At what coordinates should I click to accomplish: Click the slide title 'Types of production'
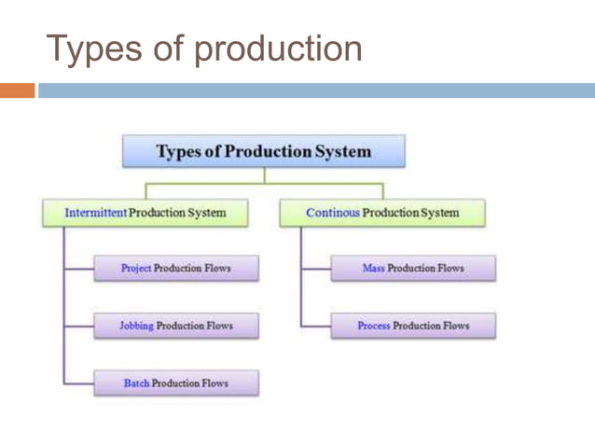coord(204,48)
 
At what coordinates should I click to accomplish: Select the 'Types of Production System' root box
coord(264,151)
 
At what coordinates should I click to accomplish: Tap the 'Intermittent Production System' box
coord(145,213)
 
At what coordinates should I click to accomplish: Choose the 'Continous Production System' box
coord(382,213)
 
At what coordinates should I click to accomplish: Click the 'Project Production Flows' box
coord(176,269)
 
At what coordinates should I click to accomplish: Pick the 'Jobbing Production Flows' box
coord(176,326)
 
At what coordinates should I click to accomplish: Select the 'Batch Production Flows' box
coord(176,383)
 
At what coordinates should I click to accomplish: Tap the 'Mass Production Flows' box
coord(412,269)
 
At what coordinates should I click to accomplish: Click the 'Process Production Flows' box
coord(412,326)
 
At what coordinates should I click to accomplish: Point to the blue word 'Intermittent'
coord(94,213)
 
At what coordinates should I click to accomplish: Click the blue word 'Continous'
coord(332,213)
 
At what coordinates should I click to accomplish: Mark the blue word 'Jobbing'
coord(136,326)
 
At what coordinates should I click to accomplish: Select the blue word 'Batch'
coord(136,383)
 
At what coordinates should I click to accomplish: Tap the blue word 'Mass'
coord(373,269)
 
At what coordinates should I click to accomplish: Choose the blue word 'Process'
coord(373,326)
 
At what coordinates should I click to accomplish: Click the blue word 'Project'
coord(136,269)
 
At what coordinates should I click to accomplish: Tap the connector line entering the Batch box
coord(78,383)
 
